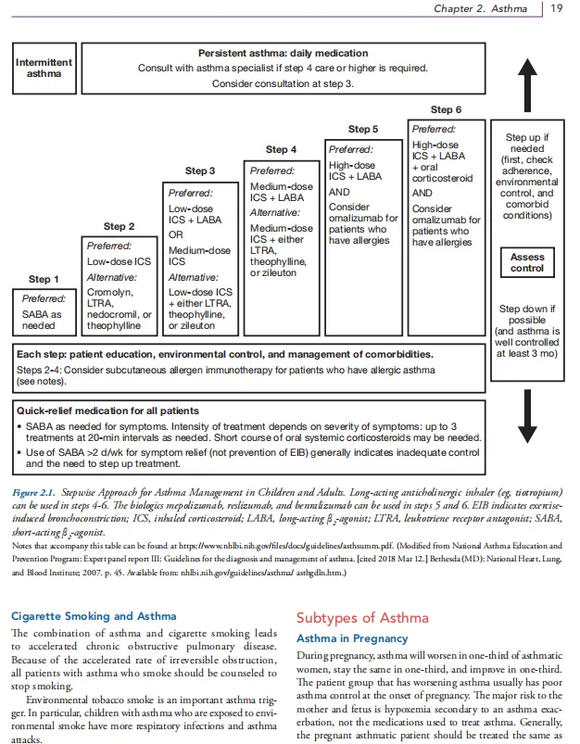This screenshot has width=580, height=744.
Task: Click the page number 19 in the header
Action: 557,9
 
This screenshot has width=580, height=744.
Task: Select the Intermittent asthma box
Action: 44,68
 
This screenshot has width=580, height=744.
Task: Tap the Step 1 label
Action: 43,279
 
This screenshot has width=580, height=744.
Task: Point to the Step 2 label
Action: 119,226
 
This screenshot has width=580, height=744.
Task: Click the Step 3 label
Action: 200,170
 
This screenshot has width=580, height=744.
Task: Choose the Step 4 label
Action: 281,149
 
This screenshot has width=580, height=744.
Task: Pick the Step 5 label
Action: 362,129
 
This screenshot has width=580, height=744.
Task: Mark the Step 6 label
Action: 446,109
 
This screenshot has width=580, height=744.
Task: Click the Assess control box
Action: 527,262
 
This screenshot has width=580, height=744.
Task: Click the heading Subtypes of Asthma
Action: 361,618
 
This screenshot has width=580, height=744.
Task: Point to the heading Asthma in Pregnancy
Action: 351,638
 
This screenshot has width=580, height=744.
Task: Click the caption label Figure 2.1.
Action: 35,493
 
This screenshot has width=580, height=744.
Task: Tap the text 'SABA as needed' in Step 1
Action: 44,320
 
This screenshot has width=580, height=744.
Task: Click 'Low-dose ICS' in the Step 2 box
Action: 119,261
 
